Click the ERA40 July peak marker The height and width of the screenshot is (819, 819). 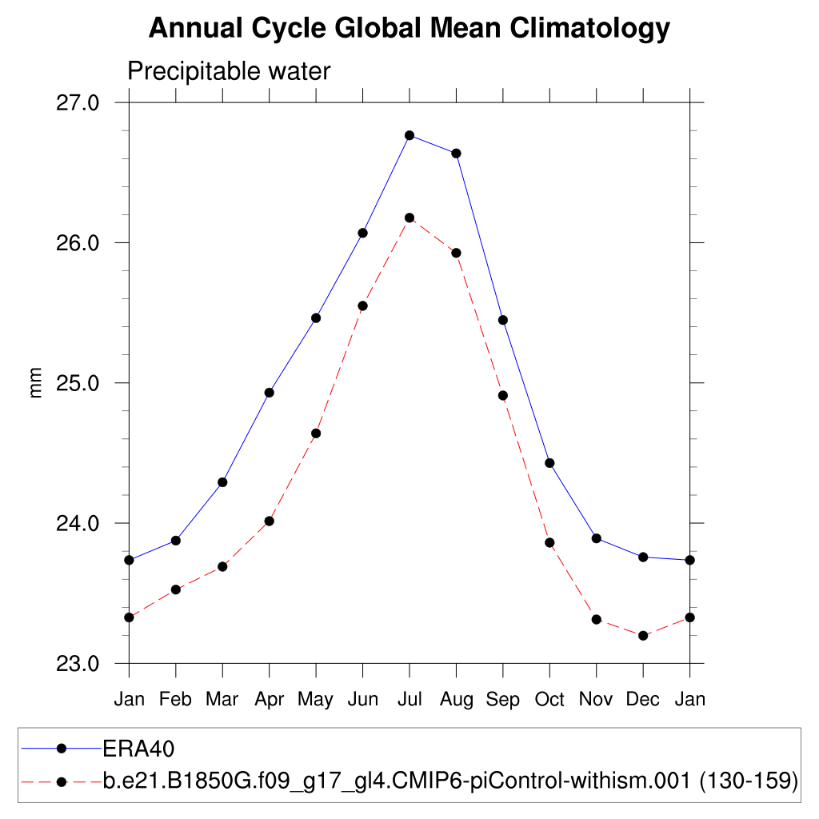click(x=409, y=135)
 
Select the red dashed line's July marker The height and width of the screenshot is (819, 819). click(x=409, y=218)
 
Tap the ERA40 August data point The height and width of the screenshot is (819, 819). click(x=456, y=154)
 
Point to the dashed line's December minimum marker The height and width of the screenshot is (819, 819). click(x=643, y=635)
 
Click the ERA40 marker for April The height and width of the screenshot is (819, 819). click(x=270, y=393)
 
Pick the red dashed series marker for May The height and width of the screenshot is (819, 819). click(x=316, y=433)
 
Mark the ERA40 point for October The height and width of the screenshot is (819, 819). click(x=549, y=463)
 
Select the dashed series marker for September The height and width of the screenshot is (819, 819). click(x=503, y=395)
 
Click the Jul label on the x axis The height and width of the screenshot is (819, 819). click(x=409, y=700)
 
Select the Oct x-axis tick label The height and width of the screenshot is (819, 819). click(x=549, y=700)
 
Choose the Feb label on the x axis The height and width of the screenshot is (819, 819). click(x=176, y=700)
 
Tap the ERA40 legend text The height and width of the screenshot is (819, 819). click(x=138, y=749)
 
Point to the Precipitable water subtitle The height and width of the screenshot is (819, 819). click(x=229, y=72)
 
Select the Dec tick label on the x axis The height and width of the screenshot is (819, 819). click(x=643, y=700)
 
